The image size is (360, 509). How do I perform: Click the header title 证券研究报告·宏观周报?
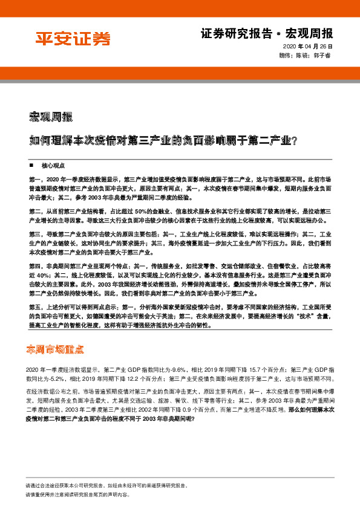click(x=266, y=33)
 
